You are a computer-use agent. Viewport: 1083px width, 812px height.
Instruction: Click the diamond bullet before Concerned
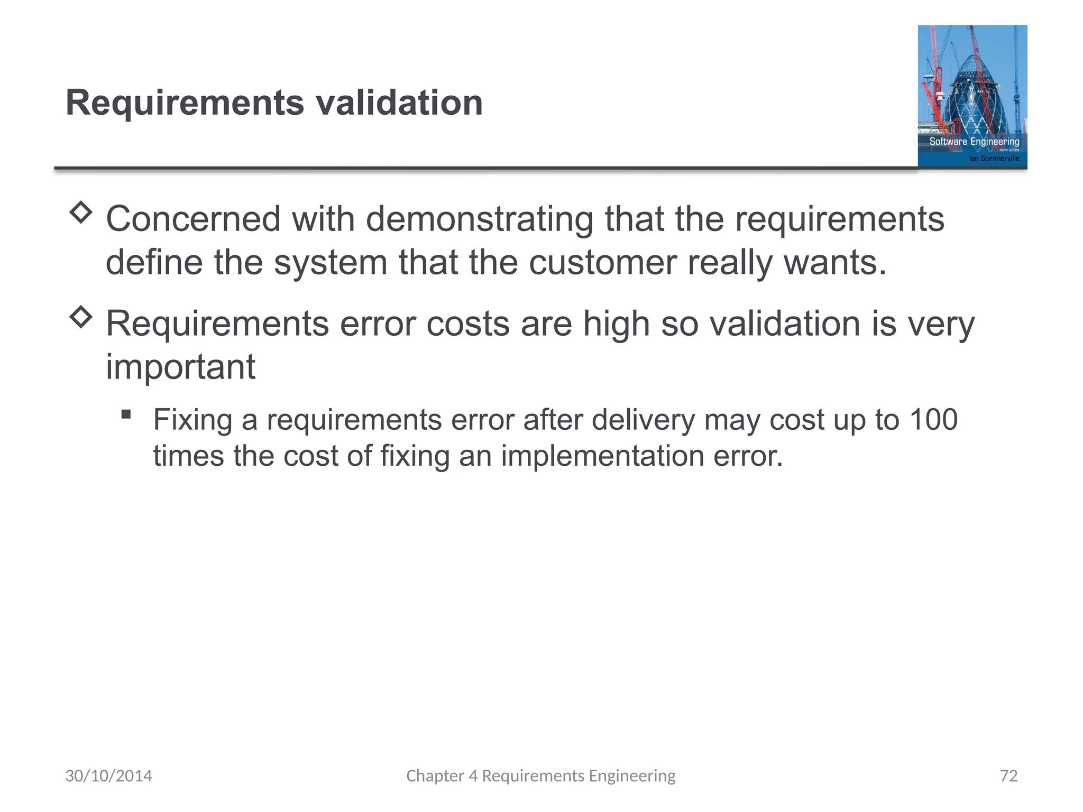81,213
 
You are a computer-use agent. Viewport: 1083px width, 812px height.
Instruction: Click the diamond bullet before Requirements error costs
81,317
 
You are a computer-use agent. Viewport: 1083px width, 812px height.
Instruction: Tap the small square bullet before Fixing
126,414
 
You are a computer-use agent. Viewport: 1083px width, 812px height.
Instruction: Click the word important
180,366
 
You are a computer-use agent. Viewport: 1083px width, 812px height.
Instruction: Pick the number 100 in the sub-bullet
933,420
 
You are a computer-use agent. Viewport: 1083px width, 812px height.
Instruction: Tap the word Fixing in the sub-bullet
192,420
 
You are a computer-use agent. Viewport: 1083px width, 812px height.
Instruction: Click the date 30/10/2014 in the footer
108,776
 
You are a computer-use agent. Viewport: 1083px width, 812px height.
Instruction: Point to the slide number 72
1008,776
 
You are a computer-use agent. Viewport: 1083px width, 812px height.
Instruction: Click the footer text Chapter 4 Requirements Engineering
540,776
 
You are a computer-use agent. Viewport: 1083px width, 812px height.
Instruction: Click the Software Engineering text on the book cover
974,141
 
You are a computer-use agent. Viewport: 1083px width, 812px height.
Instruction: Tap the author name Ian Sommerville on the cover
994,158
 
